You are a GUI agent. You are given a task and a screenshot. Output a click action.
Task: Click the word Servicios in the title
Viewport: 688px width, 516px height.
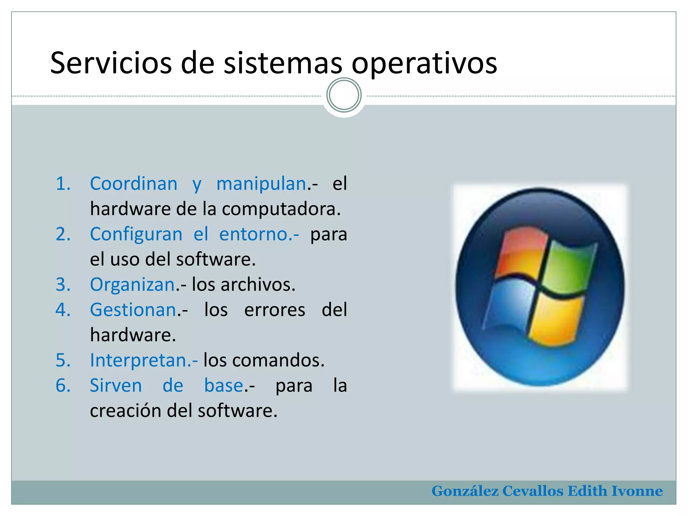point(111,63)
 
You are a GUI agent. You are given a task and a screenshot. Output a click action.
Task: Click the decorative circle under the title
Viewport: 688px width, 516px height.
point(344,95)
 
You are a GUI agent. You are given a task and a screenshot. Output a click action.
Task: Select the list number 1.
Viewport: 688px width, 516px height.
point(63,184)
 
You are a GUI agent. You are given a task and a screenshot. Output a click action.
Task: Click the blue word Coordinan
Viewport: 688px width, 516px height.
point(133,184)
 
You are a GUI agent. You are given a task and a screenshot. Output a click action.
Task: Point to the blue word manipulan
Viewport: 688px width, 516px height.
point(261,184)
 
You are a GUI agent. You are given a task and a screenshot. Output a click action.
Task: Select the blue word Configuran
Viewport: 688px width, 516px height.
point(136,234)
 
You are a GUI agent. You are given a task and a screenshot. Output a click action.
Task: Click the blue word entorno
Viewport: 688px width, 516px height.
point(256,234)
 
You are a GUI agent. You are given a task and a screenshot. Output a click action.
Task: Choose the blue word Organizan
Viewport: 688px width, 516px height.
point(132,285)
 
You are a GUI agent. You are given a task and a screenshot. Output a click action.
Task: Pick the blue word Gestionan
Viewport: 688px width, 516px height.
point(133,310)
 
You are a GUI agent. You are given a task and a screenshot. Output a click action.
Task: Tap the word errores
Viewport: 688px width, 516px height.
point(274,310)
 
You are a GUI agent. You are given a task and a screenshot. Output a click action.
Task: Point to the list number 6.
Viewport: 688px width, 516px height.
point(63,385)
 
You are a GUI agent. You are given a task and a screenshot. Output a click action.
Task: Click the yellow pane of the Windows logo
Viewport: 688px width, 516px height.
point(556,321)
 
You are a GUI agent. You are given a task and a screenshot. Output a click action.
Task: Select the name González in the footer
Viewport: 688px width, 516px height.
point(465,491)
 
